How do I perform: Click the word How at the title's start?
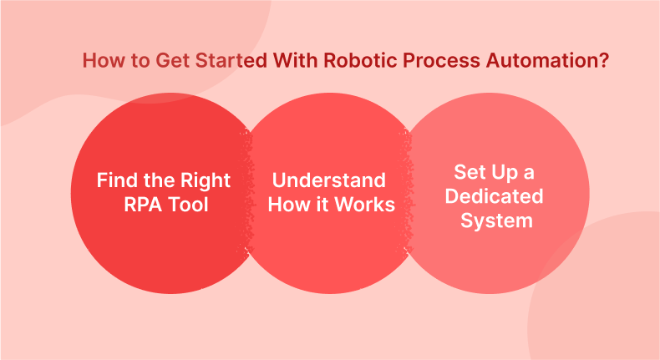coord(100,62)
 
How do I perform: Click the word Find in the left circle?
coord(116,180)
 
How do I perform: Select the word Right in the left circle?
coord(206,180)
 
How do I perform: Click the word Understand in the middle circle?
coord(328,180)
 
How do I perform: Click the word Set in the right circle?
coord(470,172)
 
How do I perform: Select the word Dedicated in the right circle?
coord(494,197)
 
